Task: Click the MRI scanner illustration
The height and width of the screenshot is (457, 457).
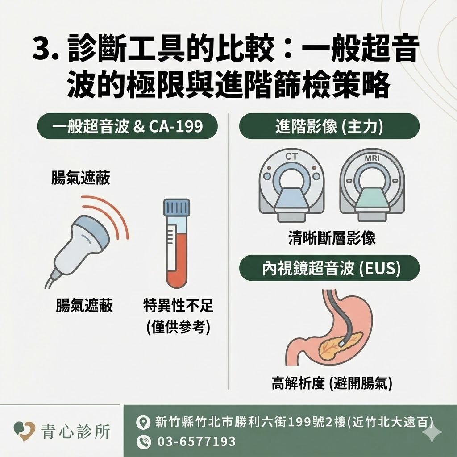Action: (372, 185)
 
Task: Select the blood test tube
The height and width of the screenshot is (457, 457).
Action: (177, 244)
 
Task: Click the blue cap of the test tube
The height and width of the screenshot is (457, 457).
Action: (177, 207)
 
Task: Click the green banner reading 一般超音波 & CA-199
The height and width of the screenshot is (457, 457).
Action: (128, 126)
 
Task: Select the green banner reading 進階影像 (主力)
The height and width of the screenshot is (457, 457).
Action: (329, 126)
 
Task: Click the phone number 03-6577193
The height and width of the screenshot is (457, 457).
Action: (197, 442)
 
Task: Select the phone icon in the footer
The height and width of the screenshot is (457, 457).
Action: (144, 442)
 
